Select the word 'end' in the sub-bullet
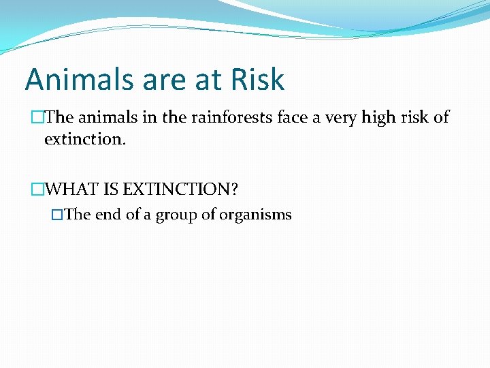[x=108, y=215]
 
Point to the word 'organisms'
[x=256, y=215]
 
